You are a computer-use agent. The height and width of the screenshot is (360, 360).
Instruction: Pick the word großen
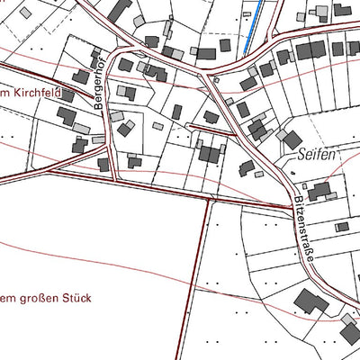click(36, 298)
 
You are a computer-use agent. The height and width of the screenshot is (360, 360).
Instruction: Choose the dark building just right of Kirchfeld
click(66, 117)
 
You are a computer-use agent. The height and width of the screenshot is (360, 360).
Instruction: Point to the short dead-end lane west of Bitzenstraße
click(212, 128)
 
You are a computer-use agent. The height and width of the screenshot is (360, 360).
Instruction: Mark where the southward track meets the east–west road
click(209, 196)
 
